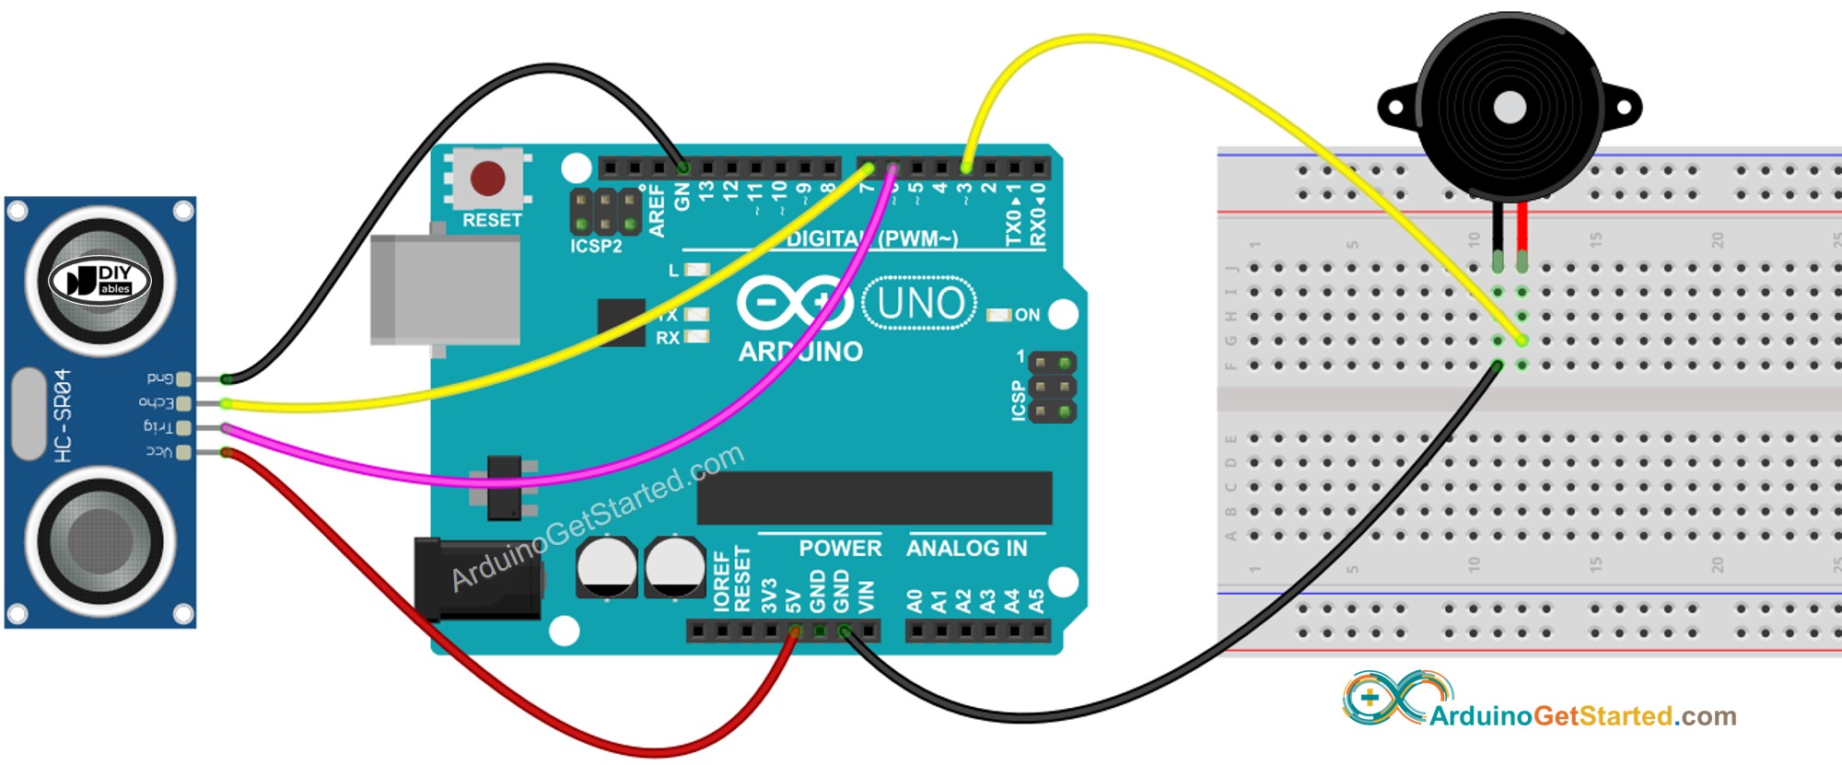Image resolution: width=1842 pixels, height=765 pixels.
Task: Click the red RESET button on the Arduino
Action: point(487,178)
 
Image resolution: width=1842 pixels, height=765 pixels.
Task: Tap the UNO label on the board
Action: point(920,303)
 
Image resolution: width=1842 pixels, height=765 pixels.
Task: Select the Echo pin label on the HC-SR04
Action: point(156,402)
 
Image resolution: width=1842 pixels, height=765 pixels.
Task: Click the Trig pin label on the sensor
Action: point(157,427)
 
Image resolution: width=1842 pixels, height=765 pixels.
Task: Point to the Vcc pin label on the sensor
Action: point(158,452)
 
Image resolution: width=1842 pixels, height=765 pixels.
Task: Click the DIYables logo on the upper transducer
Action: point(99,280)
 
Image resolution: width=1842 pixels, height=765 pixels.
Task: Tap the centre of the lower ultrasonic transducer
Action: point(99,540)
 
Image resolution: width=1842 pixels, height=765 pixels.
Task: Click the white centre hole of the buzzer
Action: point(1509,108)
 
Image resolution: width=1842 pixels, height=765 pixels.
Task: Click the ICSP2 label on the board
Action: point(596,246)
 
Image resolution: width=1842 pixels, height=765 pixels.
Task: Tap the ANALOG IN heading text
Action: point(966,549)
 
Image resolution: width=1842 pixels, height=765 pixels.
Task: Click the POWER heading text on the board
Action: point(840,549)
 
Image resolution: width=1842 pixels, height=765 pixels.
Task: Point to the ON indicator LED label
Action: point(1027,315)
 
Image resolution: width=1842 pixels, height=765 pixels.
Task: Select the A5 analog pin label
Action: point(1036,601)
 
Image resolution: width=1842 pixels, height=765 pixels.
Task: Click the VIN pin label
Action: point(866,597)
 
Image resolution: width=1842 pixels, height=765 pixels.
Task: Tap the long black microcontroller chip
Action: point(874,498)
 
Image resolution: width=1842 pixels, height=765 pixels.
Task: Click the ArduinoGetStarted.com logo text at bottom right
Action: point(1581,715)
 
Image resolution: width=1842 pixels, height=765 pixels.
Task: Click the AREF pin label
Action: point(657,210)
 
